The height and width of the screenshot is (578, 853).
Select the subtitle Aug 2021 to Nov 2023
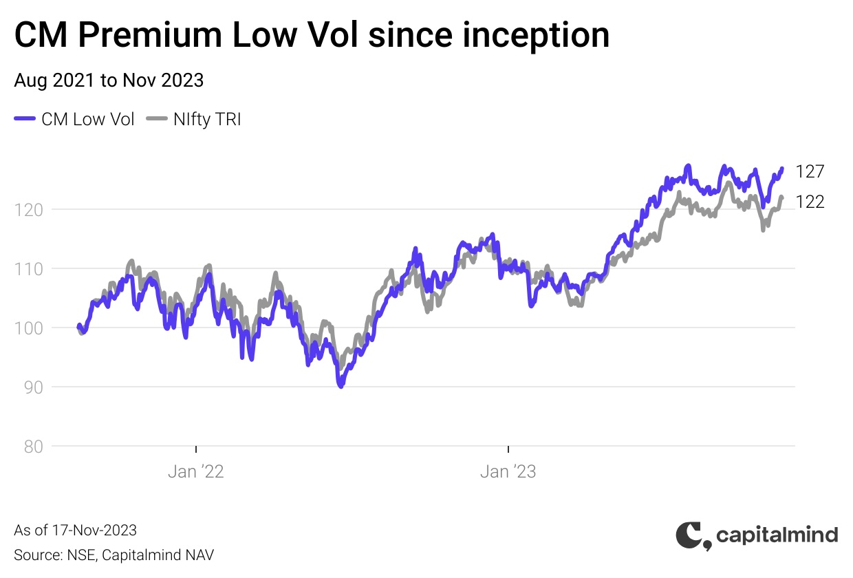pos(109,81)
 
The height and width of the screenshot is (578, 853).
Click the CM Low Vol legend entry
pos(88,119)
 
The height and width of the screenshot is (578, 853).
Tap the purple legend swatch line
pos(25,119)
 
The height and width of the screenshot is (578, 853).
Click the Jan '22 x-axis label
pos(196,471)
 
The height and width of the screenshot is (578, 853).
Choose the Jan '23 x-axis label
pos(508,471)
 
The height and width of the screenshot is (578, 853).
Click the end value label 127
pos(810,171)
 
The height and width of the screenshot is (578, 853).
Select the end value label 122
pos(810,202)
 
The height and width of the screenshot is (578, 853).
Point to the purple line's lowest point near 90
pos(341,387)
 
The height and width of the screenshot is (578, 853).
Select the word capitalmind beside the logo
pos(777,535)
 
